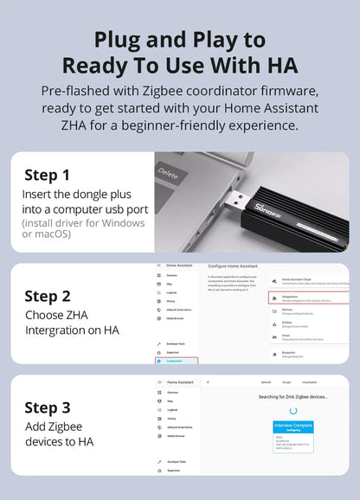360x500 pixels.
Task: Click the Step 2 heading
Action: [53, 296]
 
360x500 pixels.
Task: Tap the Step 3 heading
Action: [53, 407]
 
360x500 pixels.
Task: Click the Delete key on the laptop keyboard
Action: [170, 174]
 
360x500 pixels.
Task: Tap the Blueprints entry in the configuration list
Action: [293, 353]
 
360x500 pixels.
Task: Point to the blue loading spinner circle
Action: [293, 410]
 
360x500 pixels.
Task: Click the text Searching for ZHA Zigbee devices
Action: [292, 396]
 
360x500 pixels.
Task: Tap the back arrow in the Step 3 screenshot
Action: [209, 381]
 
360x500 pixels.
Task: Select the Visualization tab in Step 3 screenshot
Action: [309, 381]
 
